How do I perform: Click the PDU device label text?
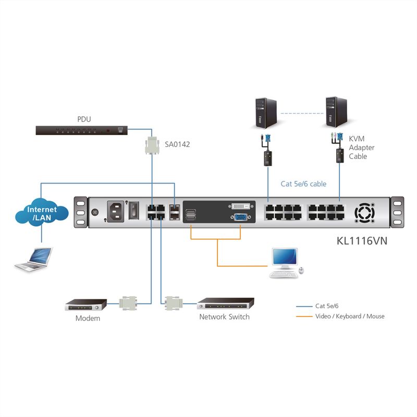click(84, 119)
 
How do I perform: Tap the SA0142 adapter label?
click(177, 144)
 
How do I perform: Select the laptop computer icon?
click(34, 260)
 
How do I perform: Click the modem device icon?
click(85, 304)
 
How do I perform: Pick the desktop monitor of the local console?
click(285, 260)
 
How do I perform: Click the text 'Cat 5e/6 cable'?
click(303, 184)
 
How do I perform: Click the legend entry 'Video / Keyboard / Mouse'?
click(350, 316)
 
